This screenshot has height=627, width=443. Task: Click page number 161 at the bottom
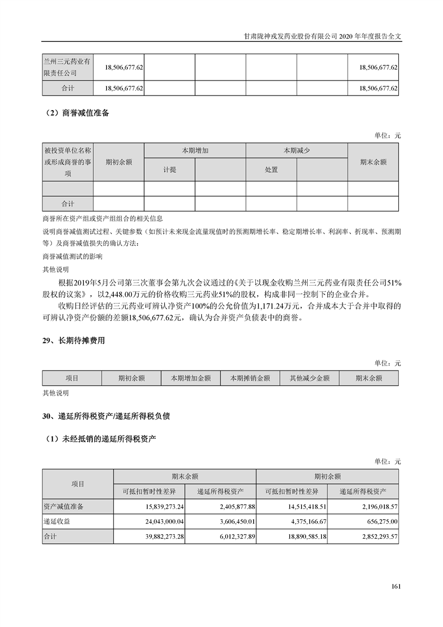(396, 586)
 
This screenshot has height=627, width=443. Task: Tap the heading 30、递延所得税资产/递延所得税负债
(106, 416)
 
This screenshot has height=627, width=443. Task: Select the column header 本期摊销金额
(250, 378)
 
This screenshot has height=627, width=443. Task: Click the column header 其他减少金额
(309, 378)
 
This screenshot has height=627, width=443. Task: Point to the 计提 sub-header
(169, 170)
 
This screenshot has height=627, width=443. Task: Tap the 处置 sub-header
(271, 170)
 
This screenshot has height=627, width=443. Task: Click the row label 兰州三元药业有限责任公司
(67, 66)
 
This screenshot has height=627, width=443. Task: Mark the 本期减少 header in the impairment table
(296, 151)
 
